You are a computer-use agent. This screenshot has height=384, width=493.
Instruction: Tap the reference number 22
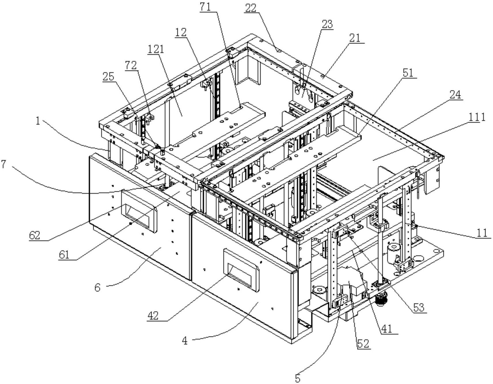[251, 8]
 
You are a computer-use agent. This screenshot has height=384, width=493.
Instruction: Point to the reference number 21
[355, 38]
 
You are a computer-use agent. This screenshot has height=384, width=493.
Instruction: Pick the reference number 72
[131, 66]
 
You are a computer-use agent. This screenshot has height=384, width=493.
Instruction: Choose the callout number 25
[108, 77]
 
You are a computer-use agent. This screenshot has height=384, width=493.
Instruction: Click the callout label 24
[454, 95]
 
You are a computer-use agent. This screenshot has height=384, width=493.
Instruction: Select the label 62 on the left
[35, 235]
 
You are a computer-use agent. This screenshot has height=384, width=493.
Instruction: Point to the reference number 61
[64, 255]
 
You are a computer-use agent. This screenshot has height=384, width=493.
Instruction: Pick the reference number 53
[419, 308]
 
